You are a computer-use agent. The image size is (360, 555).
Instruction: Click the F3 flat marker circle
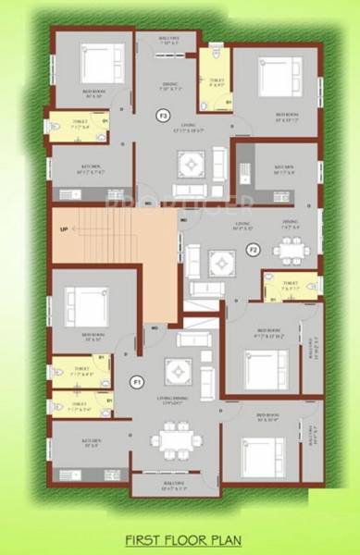point(163,117)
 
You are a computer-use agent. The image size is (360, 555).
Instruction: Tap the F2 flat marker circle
point(251,249)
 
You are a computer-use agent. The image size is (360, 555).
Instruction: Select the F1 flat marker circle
point(137,381)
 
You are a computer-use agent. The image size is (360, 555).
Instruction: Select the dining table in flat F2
point(289,249)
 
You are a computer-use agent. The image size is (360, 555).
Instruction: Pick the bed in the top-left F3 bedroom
point(98,66)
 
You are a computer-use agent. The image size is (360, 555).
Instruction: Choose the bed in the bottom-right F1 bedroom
point(260,450)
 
